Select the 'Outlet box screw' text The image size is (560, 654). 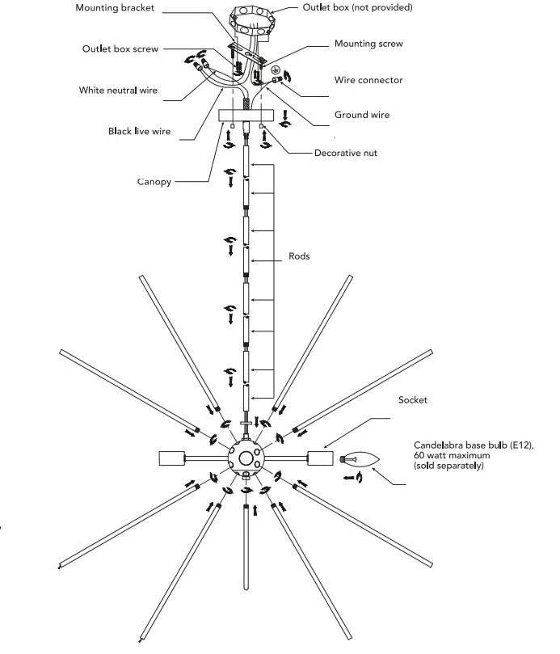(x=120, y=49)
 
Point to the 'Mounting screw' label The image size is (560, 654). (x=368, y=44)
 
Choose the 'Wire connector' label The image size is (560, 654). (x=368, y=80)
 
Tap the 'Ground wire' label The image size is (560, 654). (x=361, y=115)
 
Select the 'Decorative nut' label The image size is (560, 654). (x=346, y=152)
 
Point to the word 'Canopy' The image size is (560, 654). (x=154, y=182)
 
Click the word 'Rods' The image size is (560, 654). (x=299, y=256)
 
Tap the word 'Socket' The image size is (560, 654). (x=412, y=400)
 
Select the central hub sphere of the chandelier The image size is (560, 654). (x=245, y=458)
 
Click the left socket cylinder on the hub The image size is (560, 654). (x=173, y=458)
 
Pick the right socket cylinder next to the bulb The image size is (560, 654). (x=320, y=458)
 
